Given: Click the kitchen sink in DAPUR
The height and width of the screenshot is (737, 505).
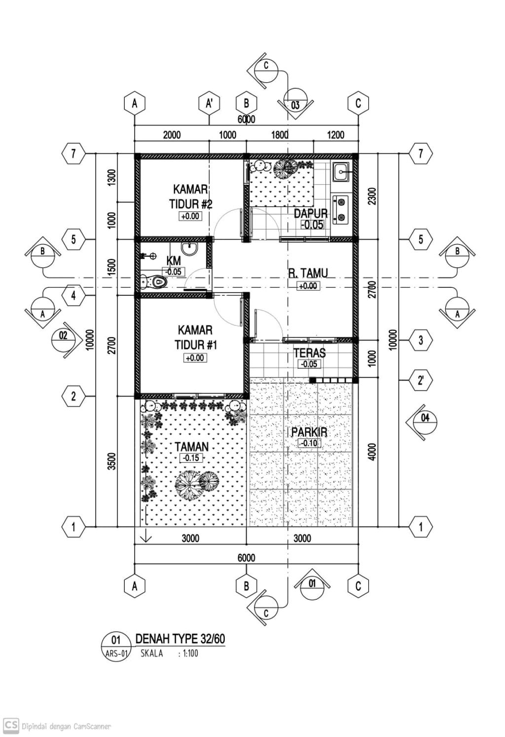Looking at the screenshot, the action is click(x=342, y=172).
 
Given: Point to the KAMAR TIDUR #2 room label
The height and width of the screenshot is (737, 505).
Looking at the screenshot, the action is click(x=191, y=197).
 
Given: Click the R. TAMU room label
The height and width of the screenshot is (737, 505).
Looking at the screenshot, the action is click(x=308, y=273).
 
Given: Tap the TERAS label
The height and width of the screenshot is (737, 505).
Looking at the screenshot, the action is click(x=310, y=353).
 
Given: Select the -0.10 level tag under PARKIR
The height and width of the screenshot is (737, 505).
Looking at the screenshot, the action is click(x=309, y=443).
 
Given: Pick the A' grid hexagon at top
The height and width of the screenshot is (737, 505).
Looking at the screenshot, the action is click(x=210, y=104).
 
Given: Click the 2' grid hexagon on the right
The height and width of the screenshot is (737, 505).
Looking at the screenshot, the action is click(x=421, y=380).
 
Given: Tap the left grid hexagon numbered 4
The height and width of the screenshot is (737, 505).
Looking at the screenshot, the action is click(x=73, y=296).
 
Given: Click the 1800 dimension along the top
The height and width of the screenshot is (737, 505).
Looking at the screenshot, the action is click(x=280, y=135).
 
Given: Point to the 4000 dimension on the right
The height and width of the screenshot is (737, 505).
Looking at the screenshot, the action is click(x=372, y=452).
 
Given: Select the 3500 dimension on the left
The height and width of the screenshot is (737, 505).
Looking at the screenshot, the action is click(x=112, y=461).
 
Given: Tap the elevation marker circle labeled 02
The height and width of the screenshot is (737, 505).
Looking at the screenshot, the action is click(x=63, y=340).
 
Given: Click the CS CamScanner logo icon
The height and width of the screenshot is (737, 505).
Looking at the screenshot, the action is click(x=10, y=725).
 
